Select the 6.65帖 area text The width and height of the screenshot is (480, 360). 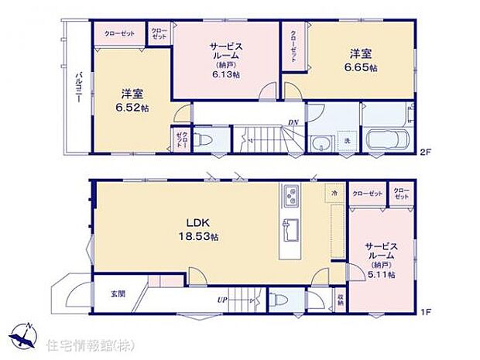(362, 68)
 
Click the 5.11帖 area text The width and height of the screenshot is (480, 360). (382, 274)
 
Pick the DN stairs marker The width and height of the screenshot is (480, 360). (294, 122)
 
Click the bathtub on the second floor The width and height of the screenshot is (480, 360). (385, 142)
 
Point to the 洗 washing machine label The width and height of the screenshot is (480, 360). (347, 142)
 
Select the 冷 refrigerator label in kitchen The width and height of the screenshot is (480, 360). (334, 192)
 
